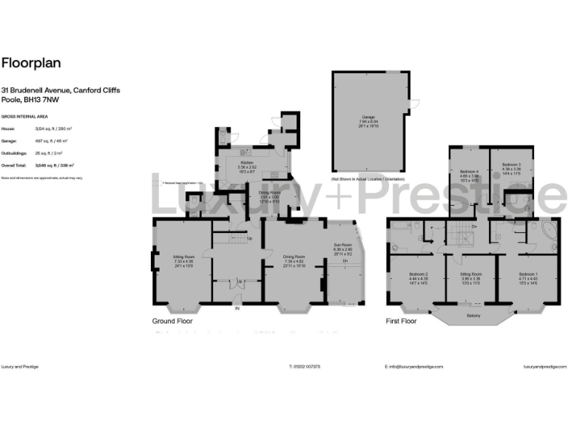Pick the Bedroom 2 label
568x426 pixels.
[418, 274]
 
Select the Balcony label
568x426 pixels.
[474, 317]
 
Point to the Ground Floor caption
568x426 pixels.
[173, 322]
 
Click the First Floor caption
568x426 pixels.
[402, 322]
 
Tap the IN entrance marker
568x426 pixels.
[237, 307]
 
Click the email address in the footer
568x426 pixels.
[414, 366]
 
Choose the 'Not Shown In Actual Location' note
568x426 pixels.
[368, 180]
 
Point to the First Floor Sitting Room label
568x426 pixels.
[471, 274]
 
